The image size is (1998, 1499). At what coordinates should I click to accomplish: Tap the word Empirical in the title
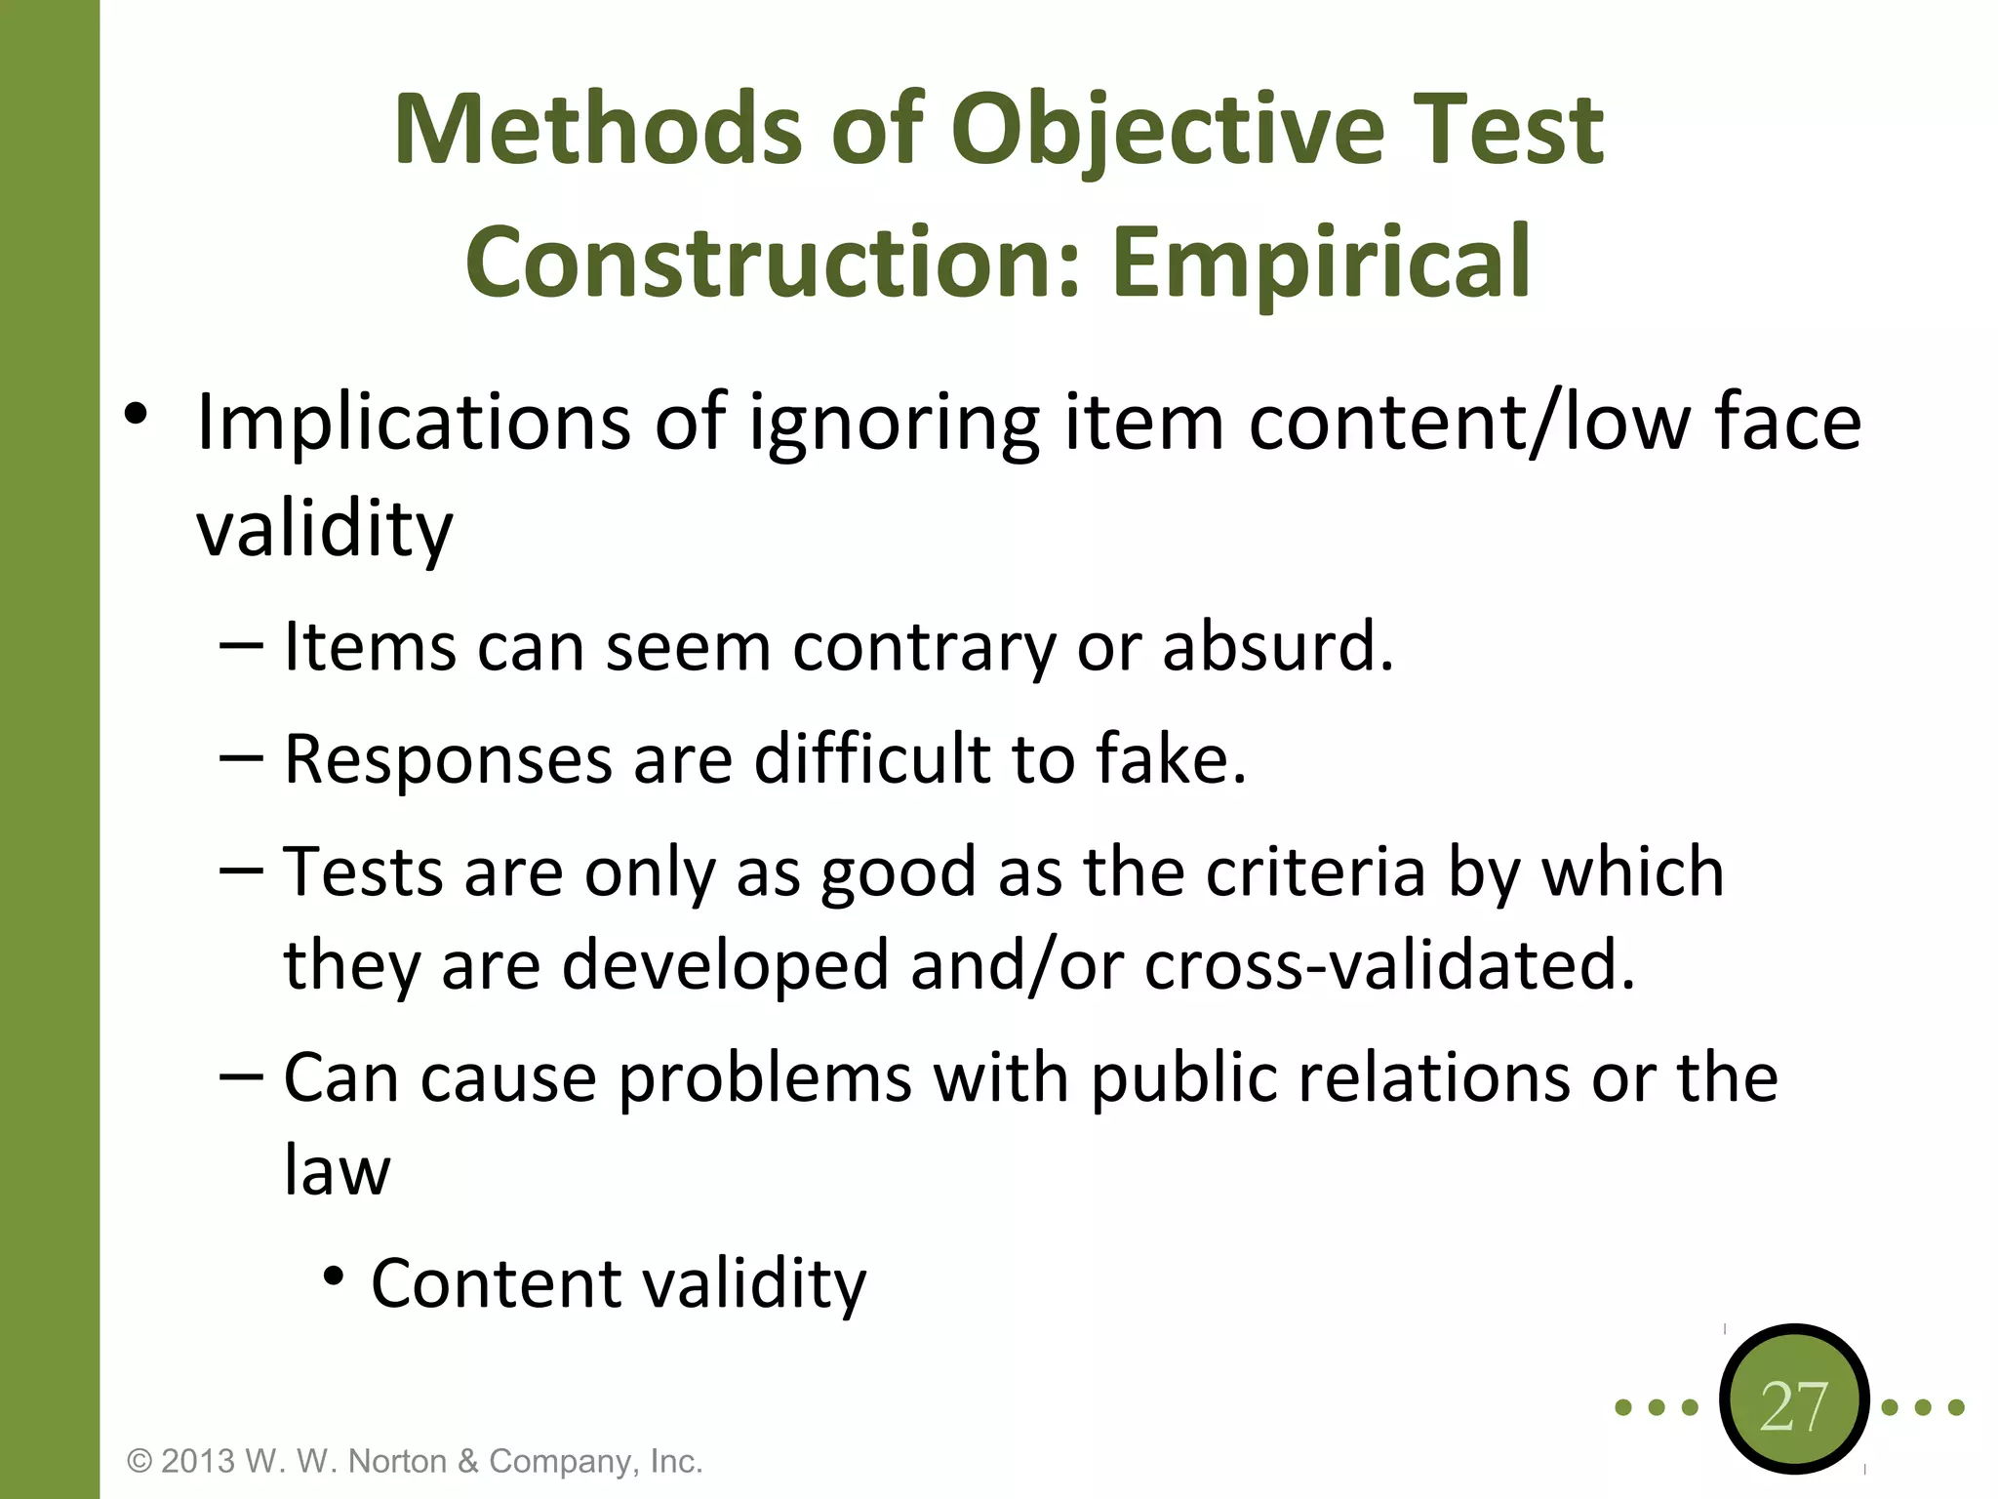[x=1321, y=262]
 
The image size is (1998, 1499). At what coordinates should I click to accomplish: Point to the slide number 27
[x=1793, y=1406]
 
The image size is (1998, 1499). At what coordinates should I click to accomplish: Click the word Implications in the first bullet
[x=414, y=423]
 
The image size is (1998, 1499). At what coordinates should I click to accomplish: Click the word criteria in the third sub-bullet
[x=1316, y=871]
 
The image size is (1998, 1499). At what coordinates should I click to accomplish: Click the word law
[x=337, y=1170]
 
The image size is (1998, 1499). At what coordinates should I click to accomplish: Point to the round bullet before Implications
[x=136, y=414]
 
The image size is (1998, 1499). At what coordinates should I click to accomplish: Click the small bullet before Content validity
[x=334, y=1276]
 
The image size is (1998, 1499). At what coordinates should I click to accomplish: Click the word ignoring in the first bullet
[x=894, y=423]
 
